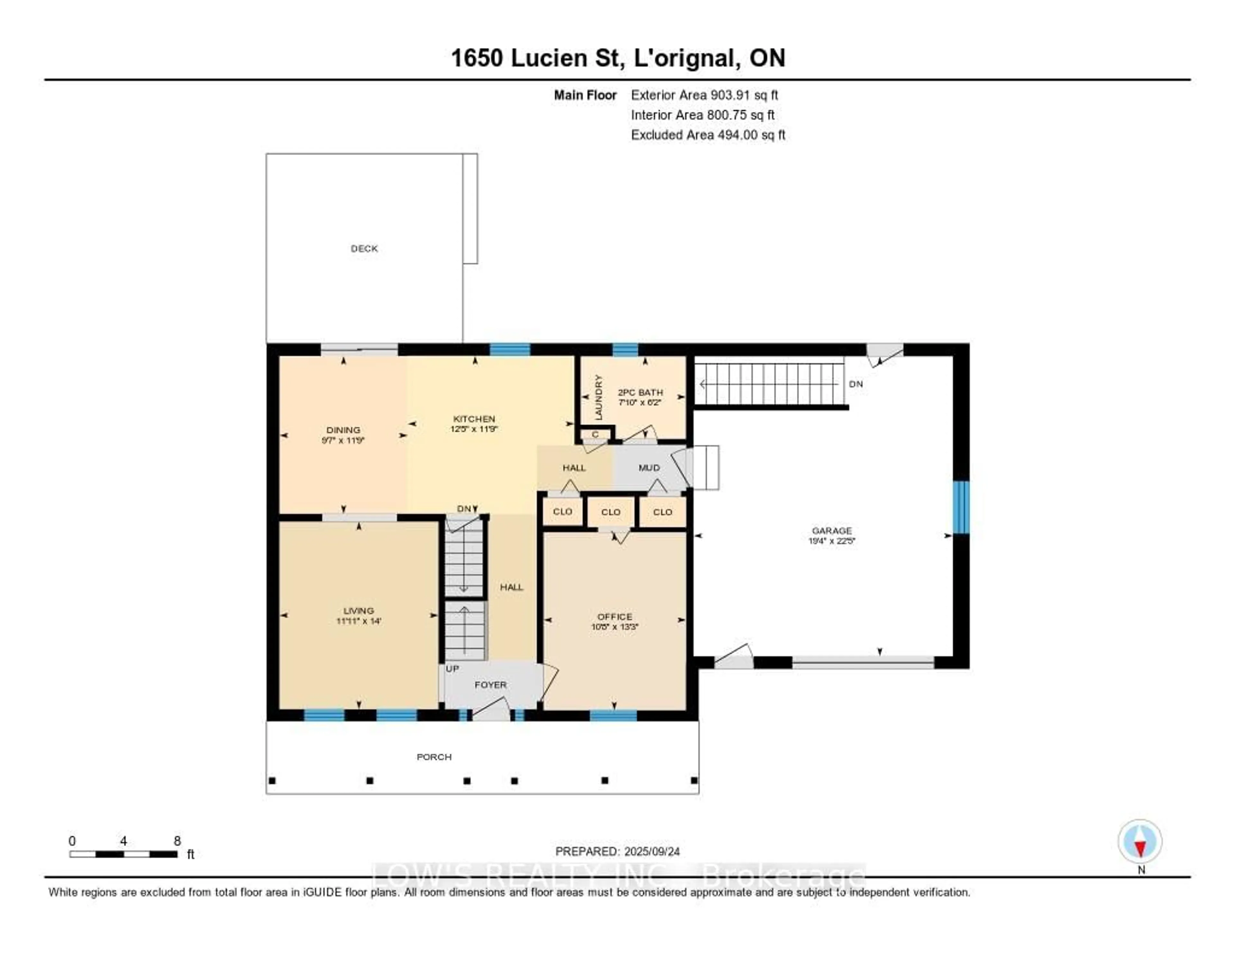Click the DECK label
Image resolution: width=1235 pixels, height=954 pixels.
coord(364,248)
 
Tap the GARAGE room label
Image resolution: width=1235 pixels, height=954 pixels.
coord(831,530)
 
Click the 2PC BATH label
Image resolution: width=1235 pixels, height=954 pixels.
coord(640,392)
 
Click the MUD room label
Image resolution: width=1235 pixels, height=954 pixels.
coord(649,468)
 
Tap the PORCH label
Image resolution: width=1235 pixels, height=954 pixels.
coord(434,757)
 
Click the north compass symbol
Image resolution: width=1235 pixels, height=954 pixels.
coord(1140,841)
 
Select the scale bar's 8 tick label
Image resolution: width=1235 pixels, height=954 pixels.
coord(177,841)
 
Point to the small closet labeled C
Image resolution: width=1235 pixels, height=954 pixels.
coord(595,434)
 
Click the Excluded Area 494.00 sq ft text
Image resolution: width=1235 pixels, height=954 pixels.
coord(708,134)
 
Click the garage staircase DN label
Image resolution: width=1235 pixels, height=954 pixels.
coord(855,384)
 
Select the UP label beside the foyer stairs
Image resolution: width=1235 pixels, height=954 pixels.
coord(453,668)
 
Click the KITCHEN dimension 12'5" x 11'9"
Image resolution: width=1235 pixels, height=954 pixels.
coord(474,429)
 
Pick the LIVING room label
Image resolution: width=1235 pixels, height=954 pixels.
coord(359,611)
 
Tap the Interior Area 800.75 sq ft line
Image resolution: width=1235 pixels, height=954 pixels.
coord(702,115)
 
